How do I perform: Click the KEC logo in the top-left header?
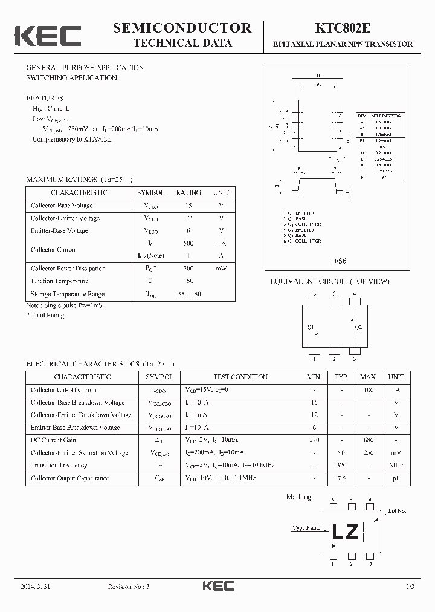tap(48, 36)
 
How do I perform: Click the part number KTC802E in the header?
tap(343, 28)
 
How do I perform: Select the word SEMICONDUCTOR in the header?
tap(182, 28)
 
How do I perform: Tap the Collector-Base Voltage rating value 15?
tap(188, 206)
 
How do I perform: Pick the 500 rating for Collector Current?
tap(188, 243)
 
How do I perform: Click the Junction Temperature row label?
tap(60, 281)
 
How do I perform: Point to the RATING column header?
tap(188, 193)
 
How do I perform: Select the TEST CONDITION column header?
tap(240, 377)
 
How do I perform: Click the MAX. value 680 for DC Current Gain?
tap(369, 440)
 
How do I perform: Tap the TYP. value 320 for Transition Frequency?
tap(341, 466)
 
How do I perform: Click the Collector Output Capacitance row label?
tap(70, 478)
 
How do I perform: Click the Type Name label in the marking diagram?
tap(306, 528)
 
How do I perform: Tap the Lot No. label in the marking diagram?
tap(397, 511)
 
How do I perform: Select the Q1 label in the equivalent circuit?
tap(311, 327)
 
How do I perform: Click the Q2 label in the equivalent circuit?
tap(358, 327)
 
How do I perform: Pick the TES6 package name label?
tap(337, 261)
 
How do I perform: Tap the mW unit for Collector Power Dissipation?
tap(221, 269)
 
